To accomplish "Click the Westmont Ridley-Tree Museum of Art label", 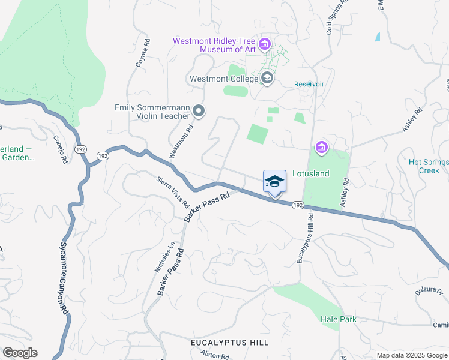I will coord(214,45).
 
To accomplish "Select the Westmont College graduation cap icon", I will coord(267,78).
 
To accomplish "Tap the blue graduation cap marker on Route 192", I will coord(274,182).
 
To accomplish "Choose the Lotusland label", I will coord(311,173).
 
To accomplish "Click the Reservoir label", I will coord(309,84).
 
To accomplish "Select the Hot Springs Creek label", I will coord(428,166).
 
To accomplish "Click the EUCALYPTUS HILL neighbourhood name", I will coord(229,342).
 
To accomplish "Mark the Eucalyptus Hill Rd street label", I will coord(305,239).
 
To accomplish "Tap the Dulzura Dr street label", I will coord(428,292).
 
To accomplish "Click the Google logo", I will coord(20,353).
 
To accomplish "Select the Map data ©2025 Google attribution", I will coord(412,355).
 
